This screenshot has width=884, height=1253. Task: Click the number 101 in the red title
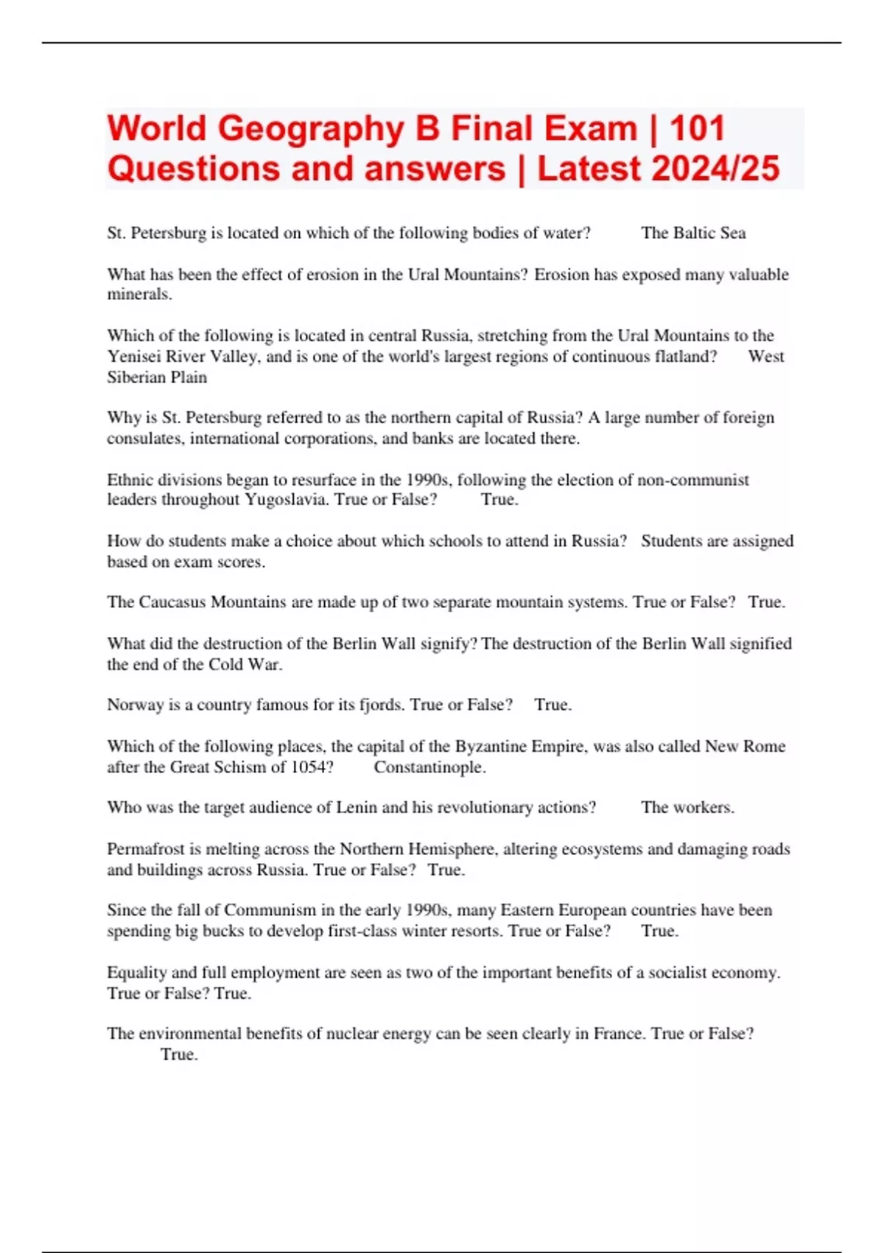[x=698, y=128]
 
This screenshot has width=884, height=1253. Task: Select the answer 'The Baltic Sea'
[x=693, y=233]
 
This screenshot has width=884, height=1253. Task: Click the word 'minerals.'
[x=139, y=295]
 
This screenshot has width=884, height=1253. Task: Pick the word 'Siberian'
[x=134, y=377]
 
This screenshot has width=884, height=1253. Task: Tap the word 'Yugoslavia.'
[x=287, y=500]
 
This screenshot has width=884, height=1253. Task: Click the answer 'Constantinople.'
[x=429, y=767]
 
